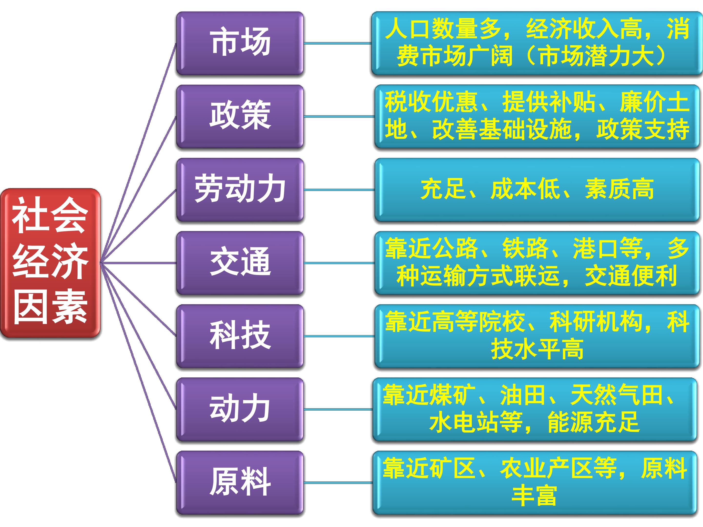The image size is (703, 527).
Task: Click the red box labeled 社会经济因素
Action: click(x=50, y=263)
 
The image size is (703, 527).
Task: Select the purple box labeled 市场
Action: click(x=240, y=43)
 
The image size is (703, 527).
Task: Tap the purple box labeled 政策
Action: click(x=240, y=116)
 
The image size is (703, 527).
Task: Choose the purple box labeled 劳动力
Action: click(x=240, y=190)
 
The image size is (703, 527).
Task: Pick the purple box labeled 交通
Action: click(x=240, y=263)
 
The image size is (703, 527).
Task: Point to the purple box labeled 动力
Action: click(x=240, y=409)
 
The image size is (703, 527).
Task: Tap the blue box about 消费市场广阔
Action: click(x=537, y=43)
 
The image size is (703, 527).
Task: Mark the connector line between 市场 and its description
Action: click(x=338, y=43)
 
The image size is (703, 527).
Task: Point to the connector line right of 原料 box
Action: click(x=338, y=483)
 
